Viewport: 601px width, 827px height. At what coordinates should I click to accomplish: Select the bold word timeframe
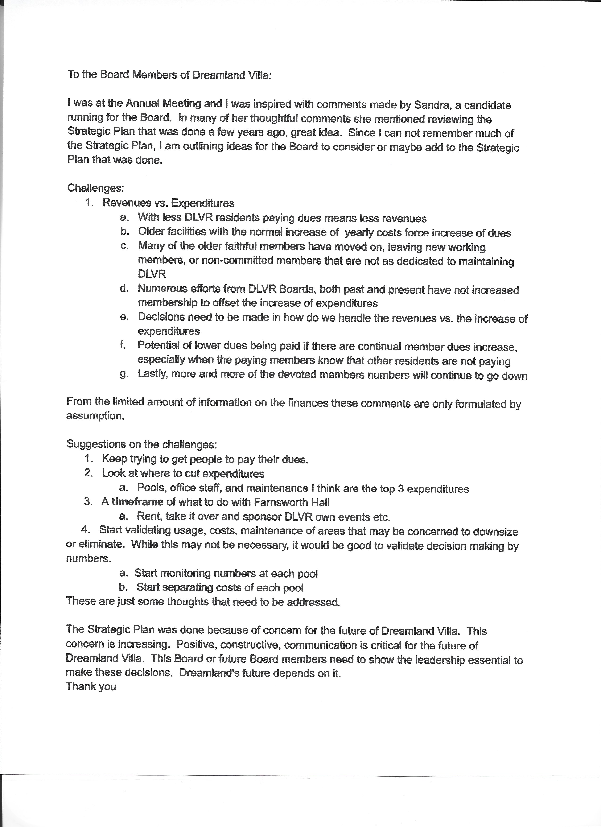(137, 502)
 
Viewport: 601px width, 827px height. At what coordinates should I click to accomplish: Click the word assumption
(95, 416)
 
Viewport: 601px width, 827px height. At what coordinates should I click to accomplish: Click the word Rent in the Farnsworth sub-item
(147, 516)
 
